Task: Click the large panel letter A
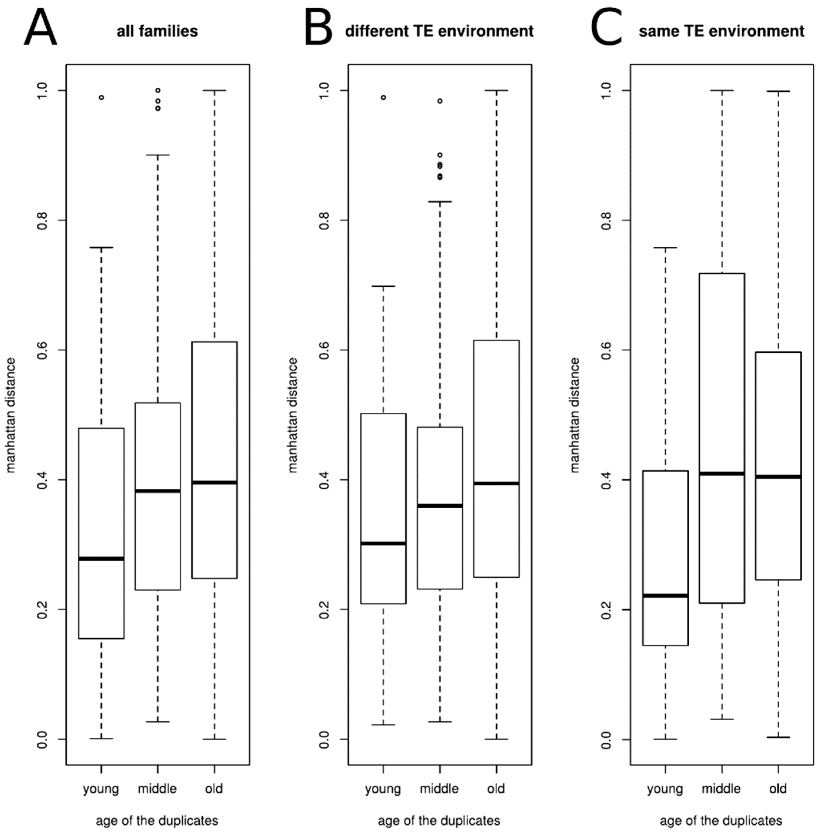pos(40,28)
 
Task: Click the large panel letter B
pos(318,28)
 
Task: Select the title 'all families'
pos(157,31)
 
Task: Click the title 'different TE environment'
pos(439,31)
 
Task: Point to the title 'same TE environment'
pos(721,31)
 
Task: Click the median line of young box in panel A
pos(101,559)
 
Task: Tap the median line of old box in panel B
pos(496,483)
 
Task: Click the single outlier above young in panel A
pos(101,98)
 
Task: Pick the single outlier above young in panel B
pos(383,98)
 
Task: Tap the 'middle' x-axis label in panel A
pos(157,789)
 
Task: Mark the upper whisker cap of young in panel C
pos(665,248)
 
